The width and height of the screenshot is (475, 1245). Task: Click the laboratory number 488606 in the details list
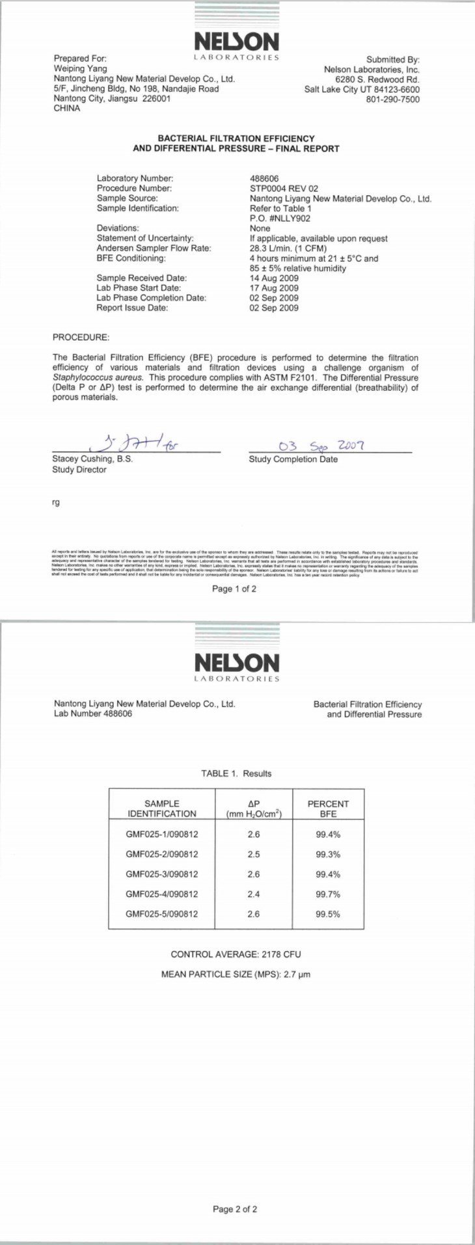click(264, 178)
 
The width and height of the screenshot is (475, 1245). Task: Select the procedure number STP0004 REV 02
click(284, 189)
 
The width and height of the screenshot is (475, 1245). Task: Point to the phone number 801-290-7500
click(392, 100)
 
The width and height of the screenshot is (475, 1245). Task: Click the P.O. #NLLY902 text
click(280, 219)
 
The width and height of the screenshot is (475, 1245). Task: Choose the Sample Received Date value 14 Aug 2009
click(274, 278)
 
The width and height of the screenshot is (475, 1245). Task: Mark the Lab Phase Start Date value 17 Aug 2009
click(274, 288)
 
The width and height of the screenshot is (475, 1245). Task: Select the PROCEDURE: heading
click(81, 338)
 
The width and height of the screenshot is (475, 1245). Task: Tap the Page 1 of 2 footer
click(234, 589)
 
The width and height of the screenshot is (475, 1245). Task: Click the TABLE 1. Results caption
click(236, 773)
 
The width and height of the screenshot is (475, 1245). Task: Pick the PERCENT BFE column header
click(328, 809)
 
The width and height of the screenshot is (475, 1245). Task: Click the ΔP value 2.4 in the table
click(254, 894)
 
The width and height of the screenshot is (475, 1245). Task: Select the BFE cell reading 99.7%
click(328, 894)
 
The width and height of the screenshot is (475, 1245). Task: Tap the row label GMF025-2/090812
click(162, 854)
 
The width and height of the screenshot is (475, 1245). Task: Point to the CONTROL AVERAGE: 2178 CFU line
click(236, 954)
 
